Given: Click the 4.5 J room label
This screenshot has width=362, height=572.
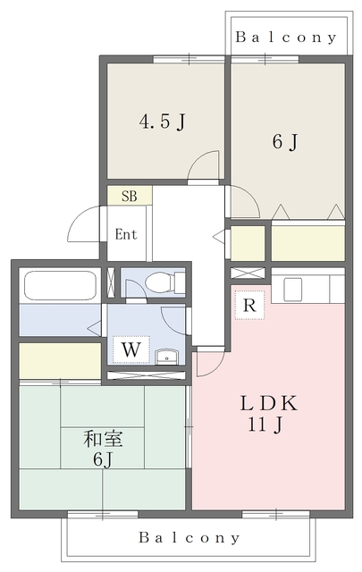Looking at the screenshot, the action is pos(163,122).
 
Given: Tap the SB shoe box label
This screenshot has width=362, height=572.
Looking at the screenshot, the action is pos(130,197).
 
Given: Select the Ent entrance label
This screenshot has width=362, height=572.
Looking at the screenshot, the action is pos(126,234).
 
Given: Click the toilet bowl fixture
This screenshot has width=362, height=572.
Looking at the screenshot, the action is pos(160,282).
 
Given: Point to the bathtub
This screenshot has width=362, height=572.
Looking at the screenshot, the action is pos(60,285).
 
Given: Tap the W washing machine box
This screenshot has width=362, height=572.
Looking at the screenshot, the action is pos(131,349).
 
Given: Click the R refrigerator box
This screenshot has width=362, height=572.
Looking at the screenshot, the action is pos(249,305).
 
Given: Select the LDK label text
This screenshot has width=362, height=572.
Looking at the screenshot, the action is pos(268,403).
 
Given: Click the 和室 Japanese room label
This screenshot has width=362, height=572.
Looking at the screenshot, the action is pos(104,439).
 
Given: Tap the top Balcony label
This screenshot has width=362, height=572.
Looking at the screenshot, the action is pos(286,38).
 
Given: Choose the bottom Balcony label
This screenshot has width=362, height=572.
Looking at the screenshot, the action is pos(189,537).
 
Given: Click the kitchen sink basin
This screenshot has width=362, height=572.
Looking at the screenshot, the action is pos(292,290).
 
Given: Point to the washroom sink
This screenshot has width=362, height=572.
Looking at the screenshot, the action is pos(167,357).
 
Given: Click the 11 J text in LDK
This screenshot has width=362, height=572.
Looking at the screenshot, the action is pos(265,425).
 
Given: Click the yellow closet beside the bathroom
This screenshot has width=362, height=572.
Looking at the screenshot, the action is pos(60,360).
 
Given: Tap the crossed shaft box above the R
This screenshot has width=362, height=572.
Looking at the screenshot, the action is pos(248,273).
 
